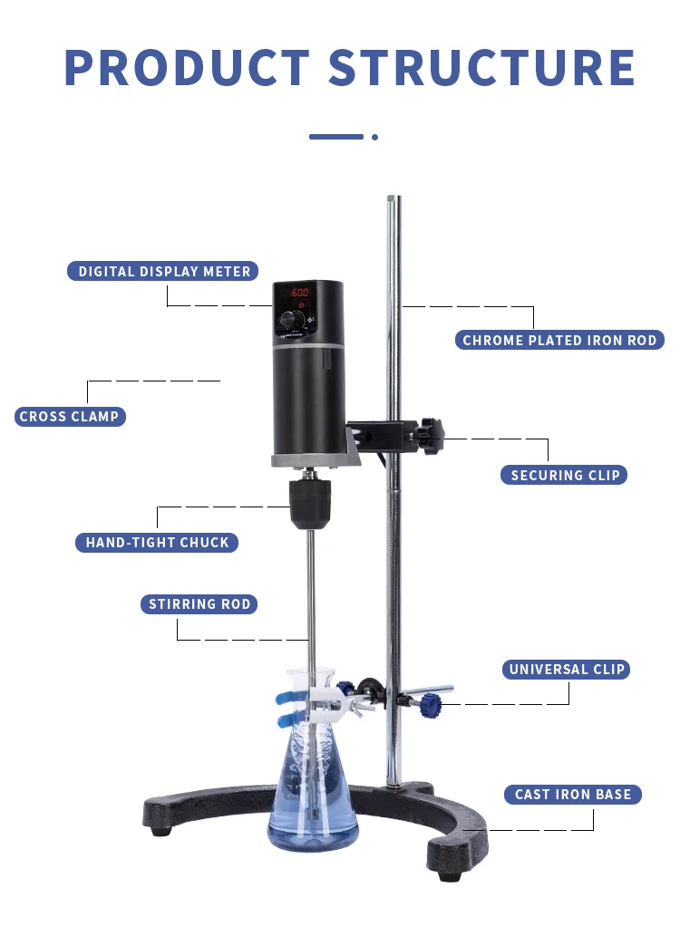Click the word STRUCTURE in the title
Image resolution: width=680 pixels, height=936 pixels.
(x=481, y=68)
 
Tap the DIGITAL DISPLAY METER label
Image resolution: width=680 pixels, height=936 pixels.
(x=164, y=271)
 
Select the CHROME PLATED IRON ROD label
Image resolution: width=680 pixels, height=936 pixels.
(x=559, y=341)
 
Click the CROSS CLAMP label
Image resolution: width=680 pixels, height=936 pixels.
(x=70, y=417)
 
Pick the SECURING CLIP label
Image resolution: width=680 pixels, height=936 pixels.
(x=565, y=475)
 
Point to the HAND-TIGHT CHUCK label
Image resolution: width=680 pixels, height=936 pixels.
(x=158, y=543)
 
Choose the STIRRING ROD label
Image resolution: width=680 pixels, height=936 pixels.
(x=199, y=604)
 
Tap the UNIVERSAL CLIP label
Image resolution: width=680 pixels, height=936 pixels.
(x=568, y=670)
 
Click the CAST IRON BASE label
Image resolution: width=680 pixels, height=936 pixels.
(x=573, y=795)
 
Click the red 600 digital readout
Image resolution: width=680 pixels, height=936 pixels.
(x=300, y=294)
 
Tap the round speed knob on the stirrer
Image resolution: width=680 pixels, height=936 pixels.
(x=291, y=321)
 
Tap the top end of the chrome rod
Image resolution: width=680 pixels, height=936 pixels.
(x=392, y=200)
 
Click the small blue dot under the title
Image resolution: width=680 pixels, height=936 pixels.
(x=374, y=137)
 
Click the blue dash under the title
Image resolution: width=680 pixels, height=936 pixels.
(x=336, y=137)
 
